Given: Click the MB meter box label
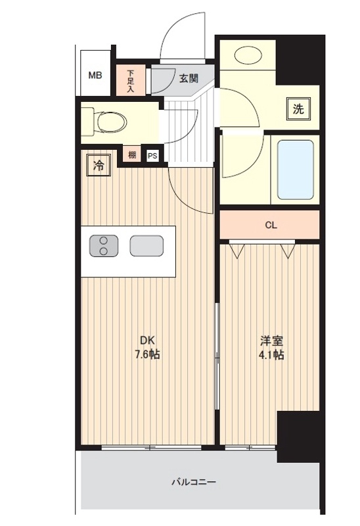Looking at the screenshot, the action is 95,76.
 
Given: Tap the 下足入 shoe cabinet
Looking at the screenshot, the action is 131,80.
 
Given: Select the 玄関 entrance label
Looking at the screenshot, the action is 189,78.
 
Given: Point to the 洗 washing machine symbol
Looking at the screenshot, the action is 298,108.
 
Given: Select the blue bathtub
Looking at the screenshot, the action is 296,170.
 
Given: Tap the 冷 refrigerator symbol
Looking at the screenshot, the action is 99,165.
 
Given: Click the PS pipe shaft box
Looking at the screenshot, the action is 152,156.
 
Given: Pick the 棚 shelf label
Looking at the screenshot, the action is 132,155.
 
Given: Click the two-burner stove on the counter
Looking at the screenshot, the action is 104,245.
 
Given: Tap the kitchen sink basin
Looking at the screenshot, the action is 146,245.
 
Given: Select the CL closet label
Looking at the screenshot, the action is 271,225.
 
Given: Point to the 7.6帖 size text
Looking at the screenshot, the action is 147,354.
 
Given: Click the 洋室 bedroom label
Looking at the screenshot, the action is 271,341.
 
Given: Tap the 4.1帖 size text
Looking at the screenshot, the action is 271,354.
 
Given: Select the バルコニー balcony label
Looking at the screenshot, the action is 194,482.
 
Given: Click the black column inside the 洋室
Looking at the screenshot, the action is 298,437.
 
